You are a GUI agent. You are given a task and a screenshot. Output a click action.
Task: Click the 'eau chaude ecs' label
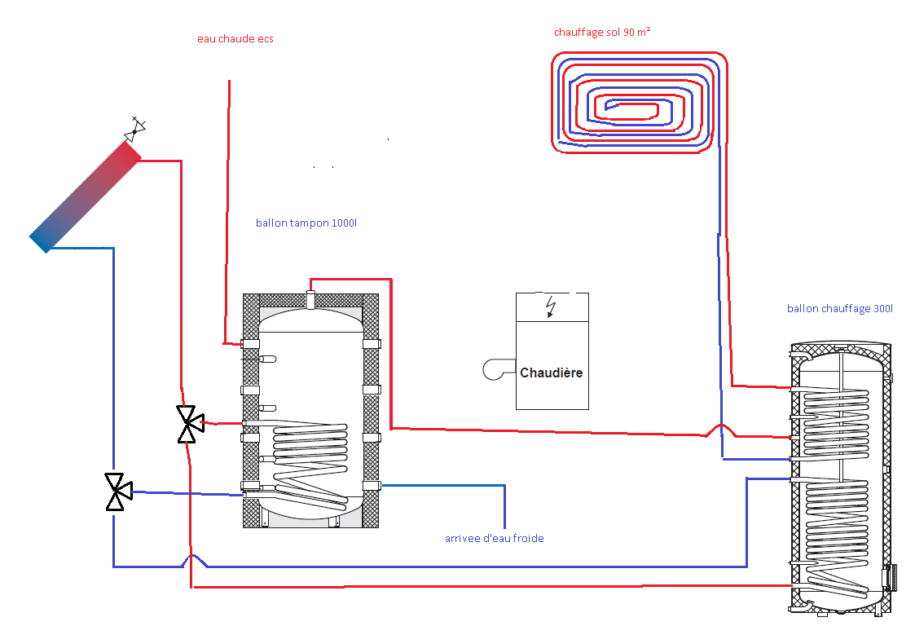coord(235,38)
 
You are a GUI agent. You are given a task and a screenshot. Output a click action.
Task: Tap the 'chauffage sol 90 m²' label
coord(601,33)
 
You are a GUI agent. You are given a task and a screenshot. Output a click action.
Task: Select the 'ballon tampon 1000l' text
coord(306,223)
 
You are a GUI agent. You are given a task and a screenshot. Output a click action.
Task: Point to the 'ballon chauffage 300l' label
coord(839,308)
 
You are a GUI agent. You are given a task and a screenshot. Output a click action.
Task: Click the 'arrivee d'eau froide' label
coord(494,538)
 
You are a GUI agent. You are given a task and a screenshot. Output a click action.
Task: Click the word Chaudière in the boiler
coord(552,373)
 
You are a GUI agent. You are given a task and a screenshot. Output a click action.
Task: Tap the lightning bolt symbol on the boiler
coord(552,306)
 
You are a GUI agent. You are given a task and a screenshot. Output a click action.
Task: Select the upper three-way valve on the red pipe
coord(189,423)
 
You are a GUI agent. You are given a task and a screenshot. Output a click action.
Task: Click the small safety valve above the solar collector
coord(135,128)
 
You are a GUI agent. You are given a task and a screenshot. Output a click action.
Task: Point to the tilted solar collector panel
coord(86,196)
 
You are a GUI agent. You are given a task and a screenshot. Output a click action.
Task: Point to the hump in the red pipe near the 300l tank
coord(719,429)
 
